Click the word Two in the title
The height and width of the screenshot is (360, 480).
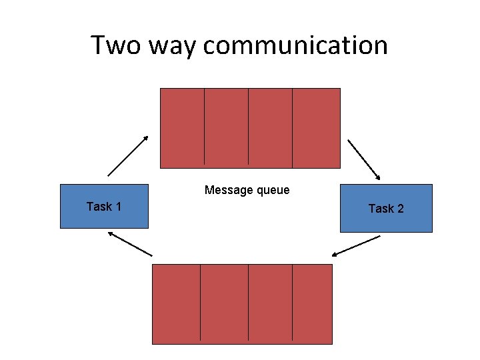coord(114,45)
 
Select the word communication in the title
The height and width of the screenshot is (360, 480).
coord(295,45)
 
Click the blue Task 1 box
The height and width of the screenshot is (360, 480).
coord(104,206)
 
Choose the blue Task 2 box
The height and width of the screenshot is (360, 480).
coord(386,208)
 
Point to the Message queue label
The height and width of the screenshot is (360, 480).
coord(247,190)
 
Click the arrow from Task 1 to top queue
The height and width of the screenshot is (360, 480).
coord(128,156)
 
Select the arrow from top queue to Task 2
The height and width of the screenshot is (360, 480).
coord(364,160)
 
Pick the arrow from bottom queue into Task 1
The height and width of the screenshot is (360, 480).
coord(130,244)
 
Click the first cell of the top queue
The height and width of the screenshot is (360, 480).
coord(182,127)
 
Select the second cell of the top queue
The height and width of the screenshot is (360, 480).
coord(226,127)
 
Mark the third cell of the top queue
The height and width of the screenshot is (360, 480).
coord(270,127)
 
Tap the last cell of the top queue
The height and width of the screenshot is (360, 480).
coord(316,127)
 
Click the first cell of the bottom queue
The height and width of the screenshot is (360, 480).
coord(176,303)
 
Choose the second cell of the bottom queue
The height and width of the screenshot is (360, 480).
coord(224,303)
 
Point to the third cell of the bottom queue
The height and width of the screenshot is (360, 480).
coord(270,303)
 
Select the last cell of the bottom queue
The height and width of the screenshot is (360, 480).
coord(312,303)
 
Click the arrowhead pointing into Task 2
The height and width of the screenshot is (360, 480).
coord(378,178)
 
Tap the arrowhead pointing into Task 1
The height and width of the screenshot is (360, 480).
coord(111,233)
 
